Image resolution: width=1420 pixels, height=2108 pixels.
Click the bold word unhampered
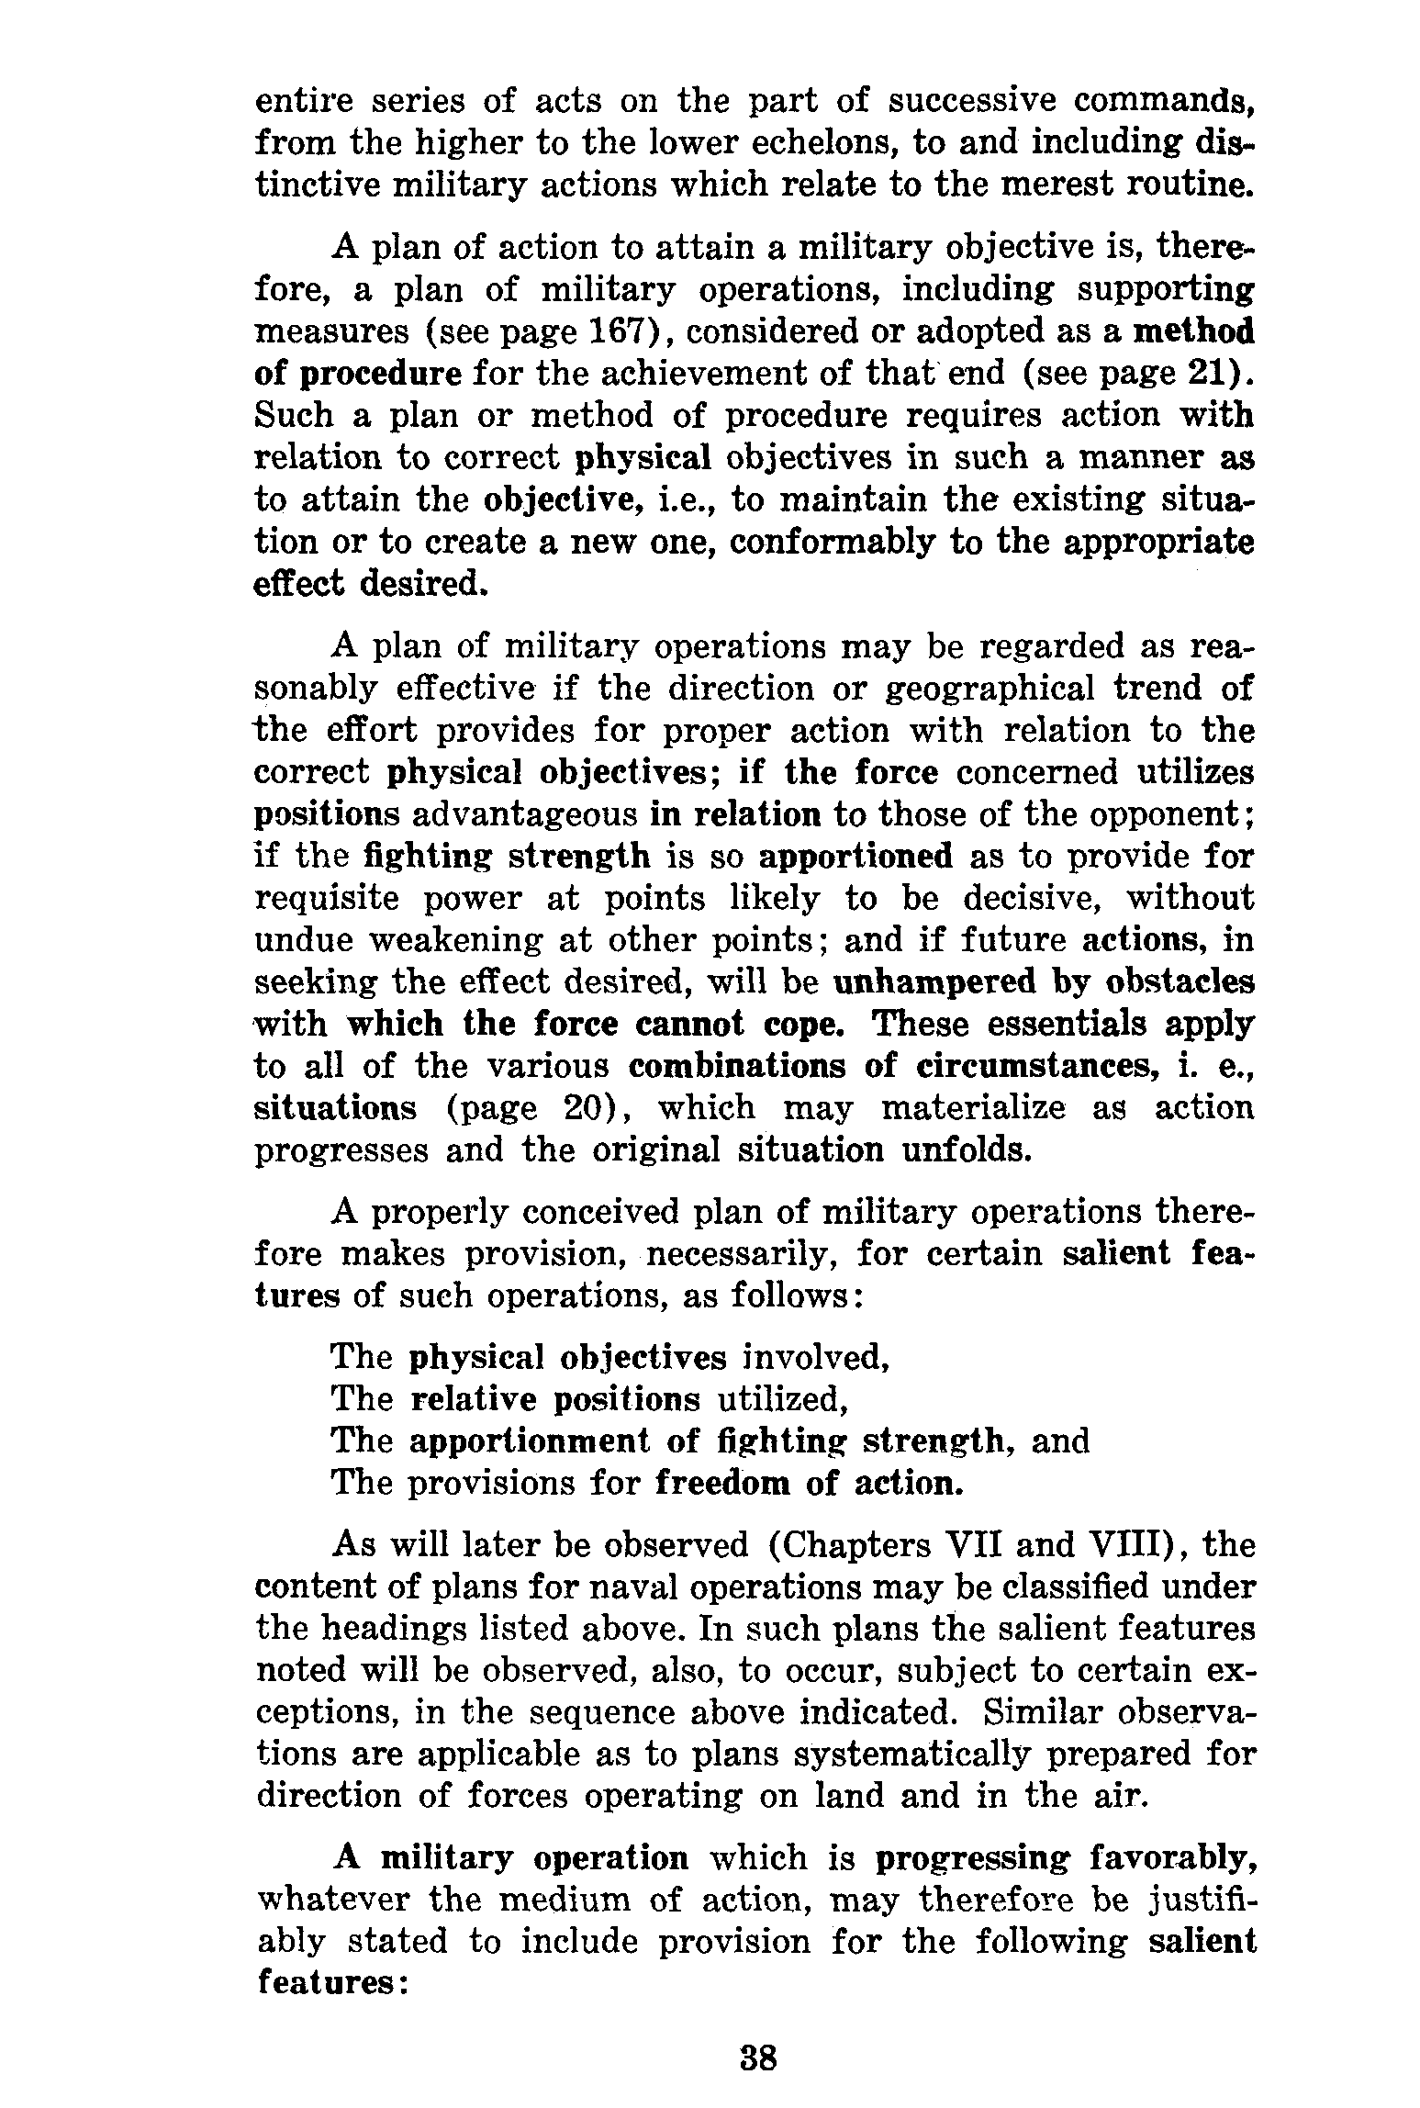coord(927,982)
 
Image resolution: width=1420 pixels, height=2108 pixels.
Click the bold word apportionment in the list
coord(528,1441)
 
